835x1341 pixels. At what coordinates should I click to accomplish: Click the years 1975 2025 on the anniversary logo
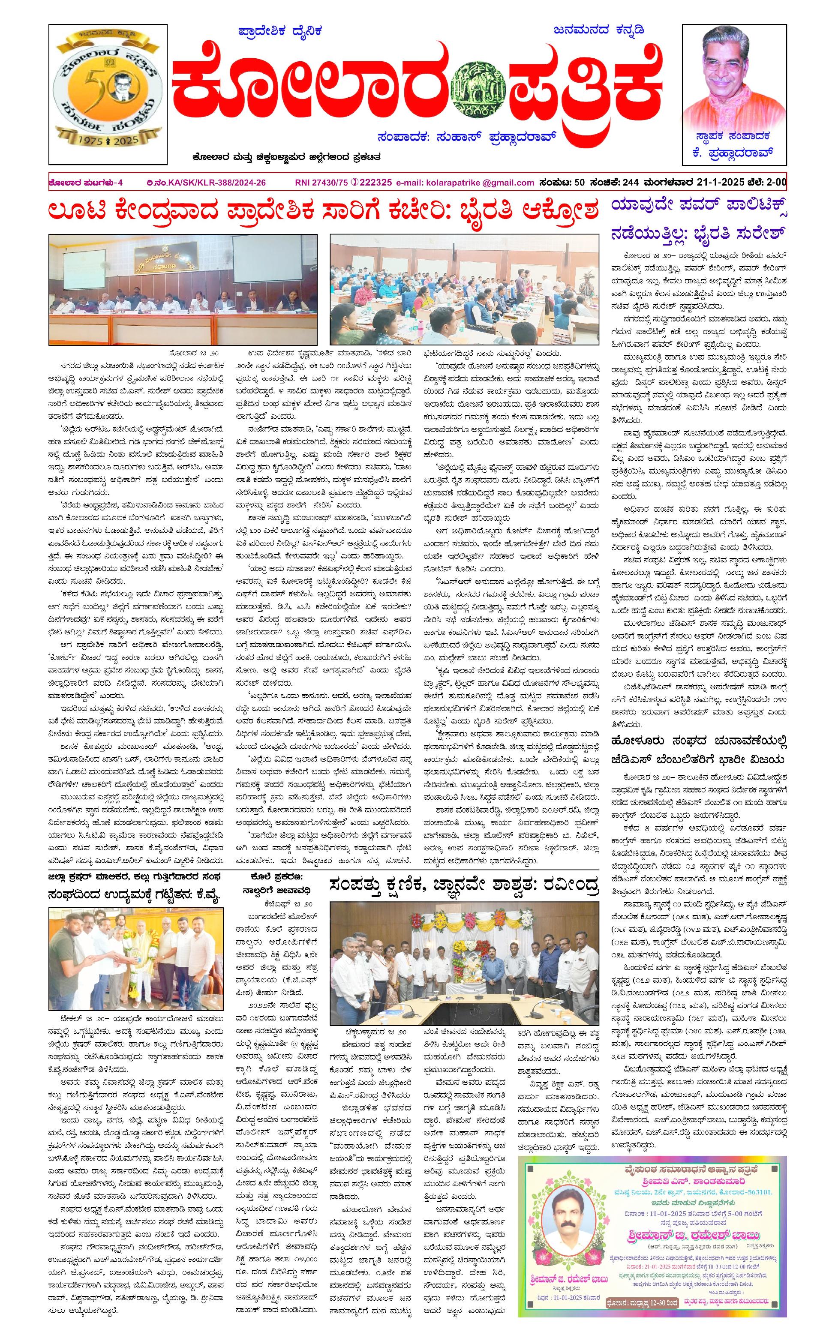click(x=107, y=141)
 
